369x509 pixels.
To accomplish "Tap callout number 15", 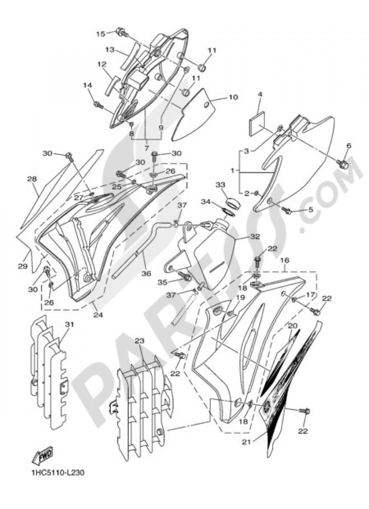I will coord(101,34).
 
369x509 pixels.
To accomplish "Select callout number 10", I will coord(233,98).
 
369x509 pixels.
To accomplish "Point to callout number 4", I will coord(260,94).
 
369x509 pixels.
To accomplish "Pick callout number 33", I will coord(220,184).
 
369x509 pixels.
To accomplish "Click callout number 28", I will coord(32,179).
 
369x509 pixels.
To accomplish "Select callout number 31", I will coord(69,324).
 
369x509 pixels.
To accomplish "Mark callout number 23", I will coord(139,341).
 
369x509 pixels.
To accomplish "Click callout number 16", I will coord(285,260).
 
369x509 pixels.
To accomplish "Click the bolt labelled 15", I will coord(121,32).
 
